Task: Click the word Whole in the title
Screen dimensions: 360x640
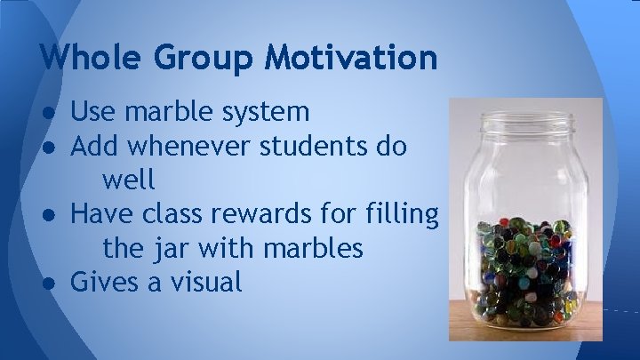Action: (x=92, y=58)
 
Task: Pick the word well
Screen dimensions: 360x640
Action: (x=129, y=180)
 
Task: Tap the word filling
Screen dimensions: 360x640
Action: (x=400, y=214)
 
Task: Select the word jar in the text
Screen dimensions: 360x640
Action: (x=174, y=248)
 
